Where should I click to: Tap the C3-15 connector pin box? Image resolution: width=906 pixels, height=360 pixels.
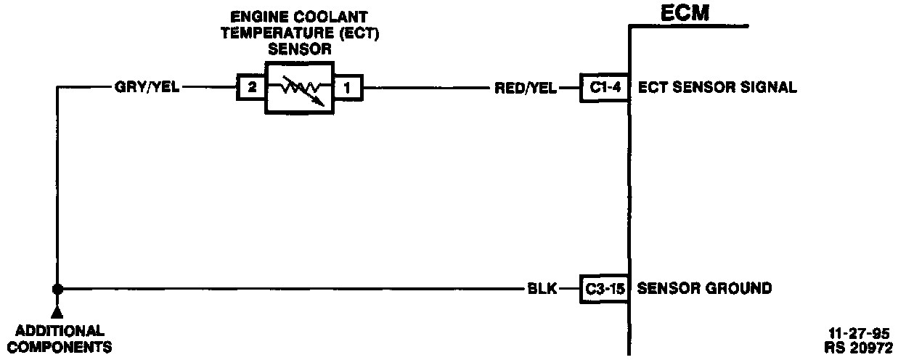tap(604, 289)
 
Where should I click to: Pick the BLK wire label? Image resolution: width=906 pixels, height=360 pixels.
tap(542, 289)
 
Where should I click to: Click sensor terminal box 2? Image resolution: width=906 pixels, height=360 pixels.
tap(252, 88)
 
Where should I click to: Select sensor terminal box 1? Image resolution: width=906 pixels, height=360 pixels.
tap(347, 88)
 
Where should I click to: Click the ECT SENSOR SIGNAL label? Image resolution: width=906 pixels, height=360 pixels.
tap(717, 88)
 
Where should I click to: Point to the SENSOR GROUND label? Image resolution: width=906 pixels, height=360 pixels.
tap(704, 289)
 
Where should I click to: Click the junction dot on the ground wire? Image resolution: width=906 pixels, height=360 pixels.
tap(57, 289)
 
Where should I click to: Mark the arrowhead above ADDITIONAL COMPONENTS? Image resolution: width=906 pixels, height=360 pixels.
tap(57, 312)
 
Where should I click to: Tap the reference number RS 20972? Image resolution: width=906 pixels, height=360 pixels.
tap(859, 347)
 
